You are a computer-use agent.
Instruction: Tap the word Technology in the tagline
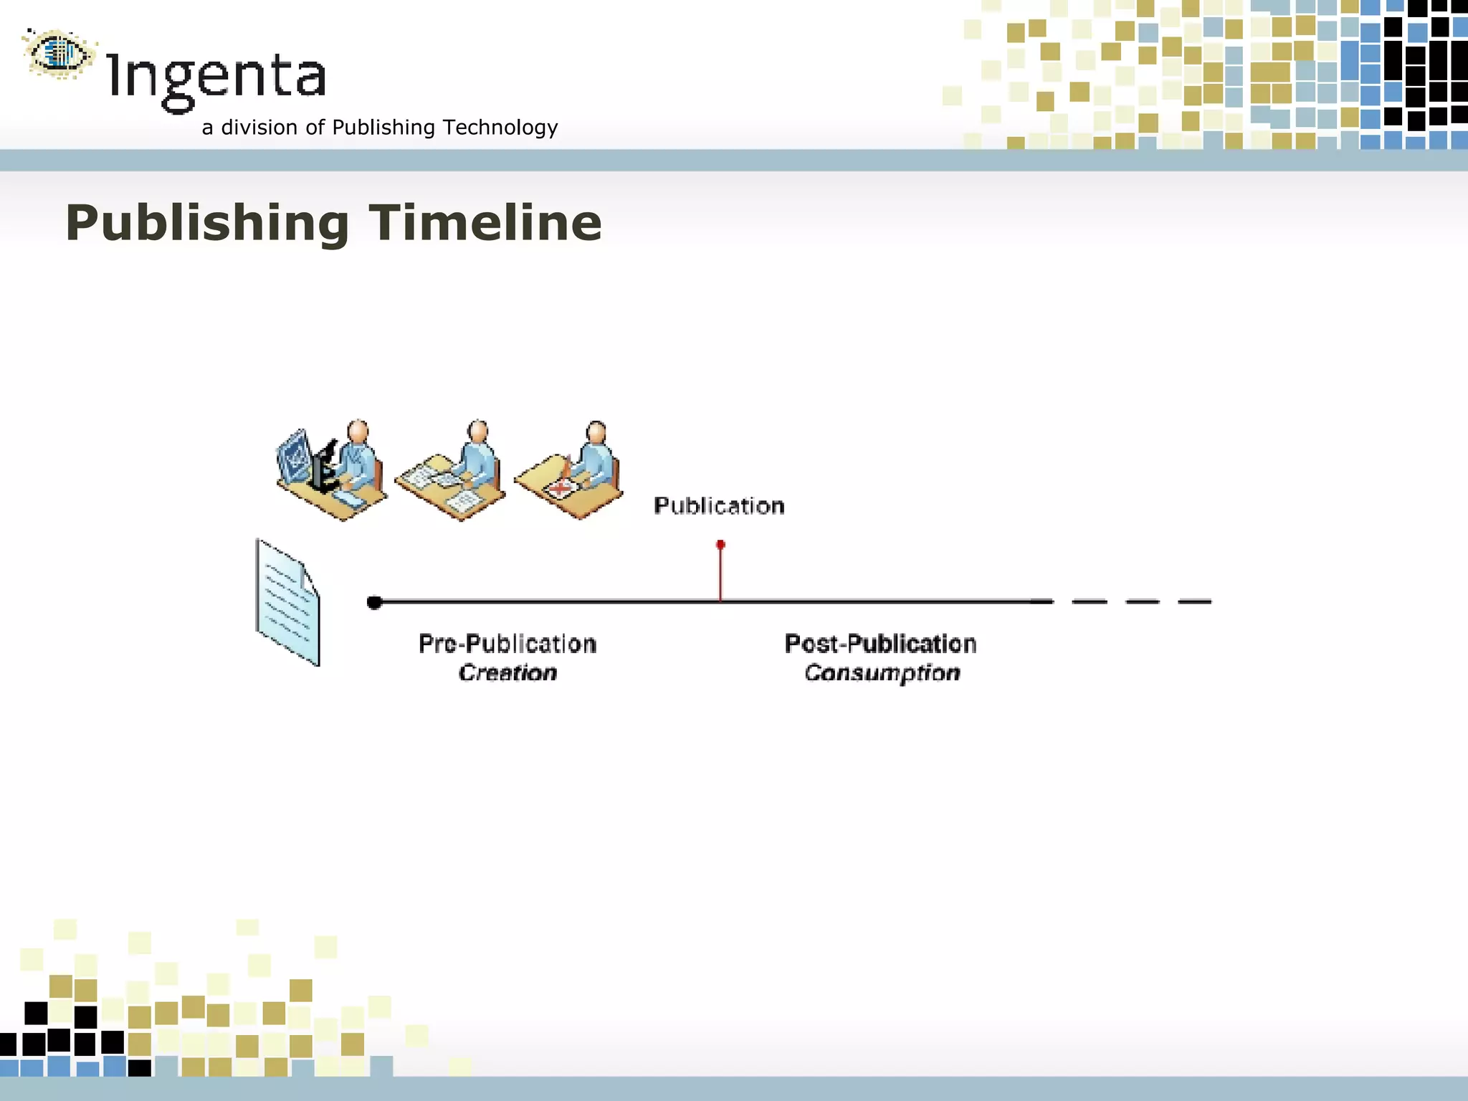click(x=500, y=128)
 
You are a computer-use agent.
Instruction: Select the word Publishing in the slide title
click(x=207, y=223)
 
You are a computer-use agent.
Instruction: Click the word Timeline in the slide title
click(x=485, y=223)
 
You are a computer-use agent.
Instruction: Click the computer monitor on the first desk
click(x=294, y=455)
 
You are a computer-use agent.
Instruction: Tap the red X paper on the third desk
click(x=561, y=489)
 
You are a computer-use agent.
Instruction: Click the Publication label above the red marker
click(x=719, y=506)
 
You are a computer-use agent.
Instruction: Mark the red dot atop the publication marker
click(x=720, y=545)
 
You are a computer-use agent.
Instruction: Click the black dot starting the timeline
click(x=374, y=602)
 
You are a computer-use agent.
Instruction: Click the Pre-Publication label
click(x=507, y=644)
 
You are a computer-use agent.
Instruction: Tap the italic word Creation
click(x=507, y=673)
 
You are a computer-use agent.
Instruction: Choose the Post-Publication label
click(x=880, y=644)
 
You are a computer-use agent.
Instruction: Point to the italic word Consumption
click(x=882, y=673)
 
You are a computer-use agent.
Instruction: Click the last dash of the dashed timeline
click(x=1194, y=601)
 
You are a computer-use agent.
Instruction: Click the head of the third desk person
click(x=596, y=432)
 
